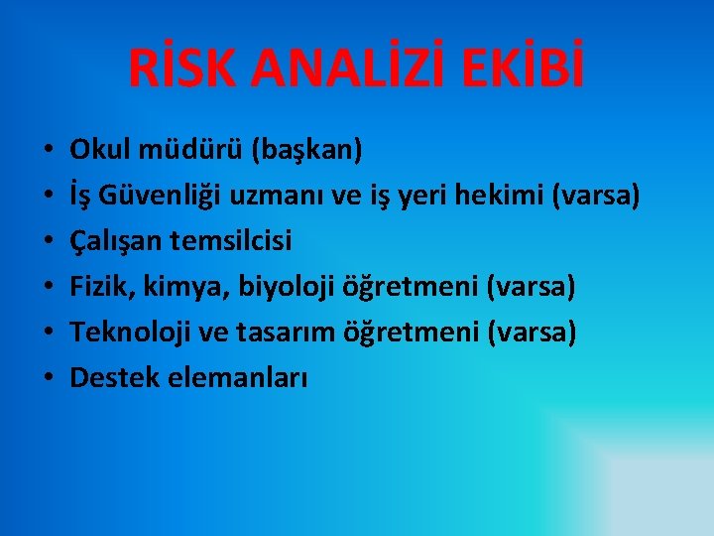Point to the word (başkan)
pos(308,151)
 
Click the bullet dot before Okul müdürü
pos(47,152)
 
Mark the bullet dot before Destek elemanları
pos(47,379)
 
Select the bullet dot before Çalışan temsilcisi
pos(47,243)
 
